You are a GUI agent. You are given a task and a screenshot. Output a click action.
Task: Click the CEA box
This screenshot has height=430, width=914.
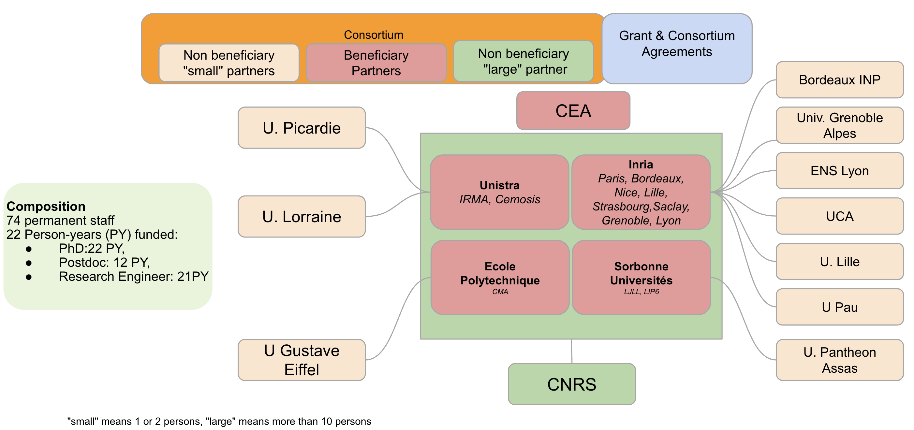(573, 111)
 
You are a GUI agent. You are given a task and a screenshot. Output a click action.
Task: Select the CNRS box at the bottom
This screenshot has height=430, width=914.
(572, 384)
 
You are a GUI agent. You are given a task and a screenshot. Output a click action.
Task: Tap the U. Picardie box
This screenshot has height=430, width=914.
(302, 128)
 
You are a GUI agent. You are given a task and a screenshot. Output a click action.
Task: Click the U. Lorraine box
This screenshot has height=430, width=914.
(302, 217)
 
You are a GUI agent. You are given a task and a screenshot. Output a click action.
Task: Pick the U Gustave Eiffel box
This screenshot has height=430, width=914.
(302, 360)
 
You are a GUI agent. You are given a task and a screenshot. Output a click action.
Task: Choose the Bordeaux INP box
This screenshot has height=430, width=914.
(839, 80)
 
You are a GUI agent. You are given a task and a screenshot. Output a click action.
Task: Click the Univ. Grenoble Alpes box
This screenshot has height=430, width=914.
(839, 125)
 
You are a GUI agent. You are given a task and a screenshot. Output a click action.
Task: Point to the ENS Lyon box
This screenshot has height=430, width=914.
(839, 170)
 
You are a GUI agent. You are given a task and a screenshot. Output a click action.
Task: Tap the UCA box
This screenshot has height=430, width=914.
(839, 216)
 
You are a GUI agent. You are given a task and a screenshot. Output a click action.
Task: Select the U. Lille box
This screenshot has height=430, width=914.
(839, 261)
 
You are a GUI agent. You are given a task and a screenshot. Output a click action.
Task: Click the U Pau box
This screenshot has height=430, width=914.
(839, 307)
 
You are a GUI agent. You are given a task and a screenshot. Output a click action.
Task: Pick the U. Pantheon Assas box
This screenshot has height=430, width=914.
(839, 360)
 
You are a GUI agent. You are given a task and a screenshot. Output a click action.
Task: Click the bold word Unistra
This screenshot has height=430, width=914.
(500, 185)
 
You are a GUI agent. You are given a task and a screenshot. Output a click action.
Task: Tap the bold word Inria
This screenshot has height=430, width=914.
(641, 165)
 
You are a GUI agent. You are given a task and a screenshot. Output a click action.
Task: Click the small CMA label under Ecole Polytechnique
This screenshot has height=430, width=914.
(500, 292)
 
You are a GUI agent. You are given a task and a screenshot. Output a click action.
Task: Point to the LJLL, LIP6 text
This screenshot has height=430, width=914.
(641, 292)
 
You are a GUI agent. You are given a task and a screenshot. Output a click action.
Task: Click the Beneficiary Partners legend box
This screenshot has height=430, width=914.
(376, 63)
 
